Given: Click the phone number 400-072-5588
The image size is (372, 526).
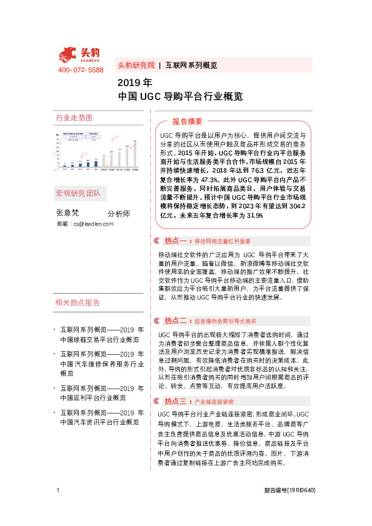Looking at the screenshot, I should (x=81, y=71).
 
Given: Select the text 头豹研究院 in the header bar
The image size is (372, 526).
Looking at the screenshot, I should (x=136, y=65).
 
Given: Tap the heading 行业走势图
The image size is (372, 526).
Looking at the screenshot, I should (x=74, y=117).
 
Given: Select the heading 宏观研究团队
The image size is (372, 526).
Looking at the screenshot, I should (x=78, y=192).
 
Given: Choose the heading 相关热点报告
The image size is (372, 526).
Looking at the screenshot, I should (x=78, y=303).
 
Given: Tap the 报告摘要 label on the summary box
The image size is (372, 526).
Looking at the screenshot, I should (x=188, y=121).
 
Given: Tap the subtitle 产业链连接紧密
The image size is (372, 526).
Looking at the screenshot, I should (x=214, y=402).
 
